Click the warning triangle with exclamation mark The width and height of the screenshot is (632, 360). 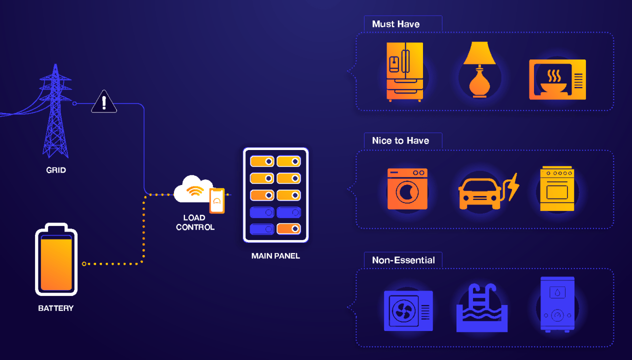click(x=104, y=102)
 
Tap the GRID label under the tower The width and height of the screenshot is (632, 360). click(x=56, y=170)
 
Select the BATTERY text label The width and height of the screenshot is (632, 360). click(x=56, y=308)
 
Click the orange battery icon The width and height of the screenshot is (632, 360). click(x=56, y=260)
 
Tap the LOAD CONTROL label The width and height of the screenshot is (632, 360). click(x=195, y=222)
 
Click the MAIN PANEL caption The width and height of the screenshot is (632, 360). click(x=275, y=256)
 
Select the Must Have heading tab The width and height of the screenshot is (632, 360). click(x=396, y=24)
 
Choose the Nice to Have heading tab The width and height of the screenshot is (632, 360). click(x=400, y=140)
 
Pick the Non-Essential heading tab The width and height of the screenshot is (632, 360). click(x=403, y=260)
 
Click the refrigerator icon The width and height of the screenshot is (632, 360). click(x=404, y=71)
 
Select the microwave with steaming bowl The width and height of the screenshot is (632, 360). click(x=557, y=79)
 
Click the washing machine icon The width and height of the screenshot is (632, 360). click(x=407, y=189)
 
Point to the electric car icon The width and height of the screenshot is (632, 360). click(x=479, y=192)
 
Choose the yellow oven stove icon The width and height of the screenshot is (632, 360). click(x=556, y=188)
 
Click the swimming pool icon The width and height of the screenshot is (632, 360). click(x=482, y=309)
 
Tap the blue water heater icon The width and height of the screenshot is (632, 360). click(x=557, y=303)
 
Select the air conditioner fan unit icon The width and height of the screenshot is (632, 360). click(x=408, y=310)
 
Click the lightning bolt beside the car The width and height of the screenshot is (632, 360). click(x=512, y=186)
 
